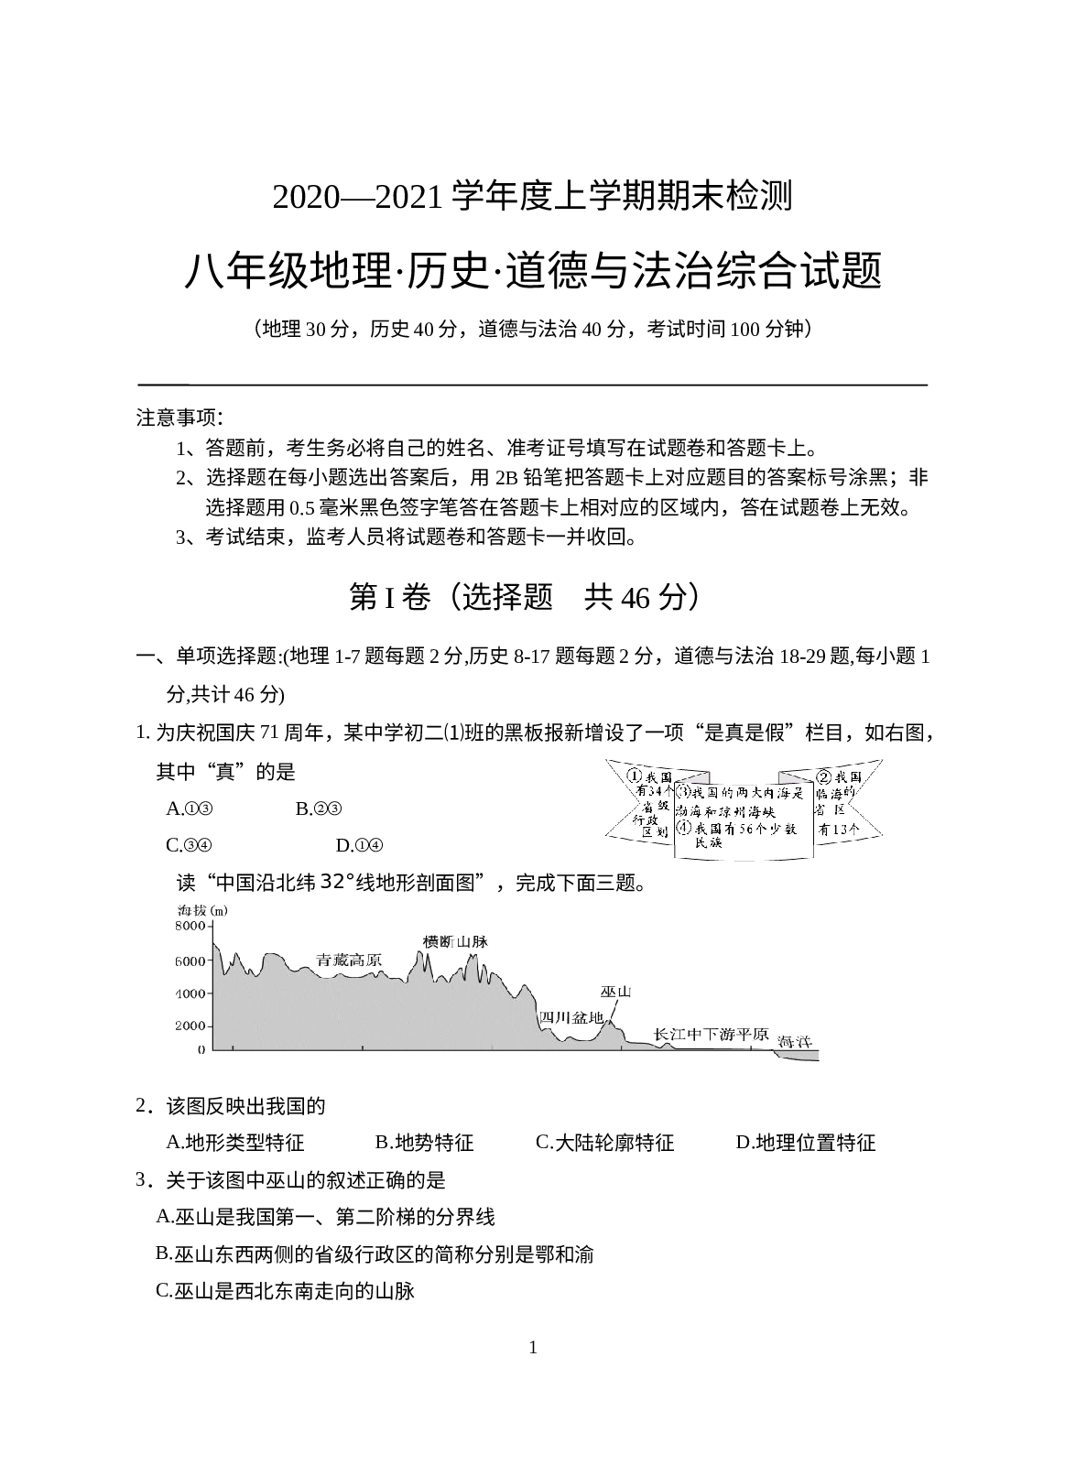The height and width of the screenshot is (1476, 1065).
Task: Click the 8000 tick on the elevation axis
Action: point(191,927)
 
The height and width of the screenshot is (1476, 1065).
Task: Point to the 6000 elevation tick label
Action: point(191,960)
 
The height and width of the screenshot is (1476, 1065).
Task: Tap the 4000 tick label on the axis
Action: point(191,993)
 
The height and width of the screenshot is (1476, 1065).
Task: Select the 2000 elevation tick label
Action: point(191,1026)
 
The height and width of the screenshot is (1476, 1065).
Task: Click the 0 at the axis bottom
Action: point(201,1050)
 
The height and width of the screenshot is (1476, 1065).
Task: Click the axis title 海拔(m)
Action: point(201,911)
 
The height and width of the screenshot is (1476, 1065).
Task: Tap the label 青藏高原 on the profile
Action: point(349,960)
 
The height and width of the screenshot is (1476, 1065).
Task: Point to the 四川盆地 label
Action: point(571,1017)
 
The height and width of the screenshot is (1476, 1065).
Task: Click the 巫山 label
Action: point(616,993)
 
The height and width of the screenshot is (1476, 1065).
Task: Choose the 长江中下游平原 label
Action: point(710,1035)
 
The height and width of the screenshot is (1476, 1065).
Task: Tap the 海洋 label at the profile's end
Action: point(794,1042)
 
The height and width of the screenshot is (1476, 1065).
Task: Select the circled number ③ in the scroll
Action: point(683,792)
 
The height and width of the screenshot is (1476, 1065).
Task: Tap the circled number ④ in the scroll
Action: point(683,829)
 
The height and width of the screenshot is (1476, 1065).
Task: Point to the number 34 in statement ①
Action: point(658,791)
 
